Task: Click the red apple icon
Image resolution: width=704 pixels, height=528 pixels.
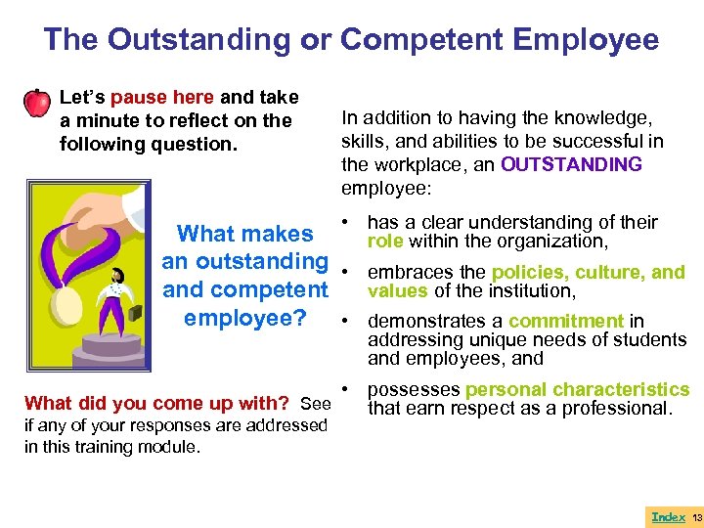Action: (x=37, y=102)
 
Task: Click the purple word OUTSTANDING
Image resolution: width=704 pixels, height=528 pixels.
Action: (x=571, y=164)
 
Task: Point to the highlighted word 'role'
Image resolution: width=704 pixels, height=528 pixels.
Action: (x=384, y=242)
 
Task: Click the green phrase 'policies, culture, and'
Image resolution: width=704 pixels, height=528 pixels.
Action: (x=588, y=272)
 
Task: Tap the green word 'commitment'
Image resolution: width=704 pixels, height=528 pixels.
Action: (x=566, y=321)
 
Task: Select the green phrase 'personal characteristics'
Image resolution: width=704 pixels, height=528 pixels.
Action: (x=577, y=389)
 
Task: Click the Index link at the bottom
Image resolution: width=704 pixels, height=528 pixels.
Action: (x=668, y=516)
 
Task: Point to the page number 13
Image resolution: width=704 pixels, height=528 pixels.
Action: (x=696, y=516)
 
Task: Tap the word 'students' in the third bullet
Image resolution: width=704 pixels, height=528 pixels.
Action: (x=651, y=339)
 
